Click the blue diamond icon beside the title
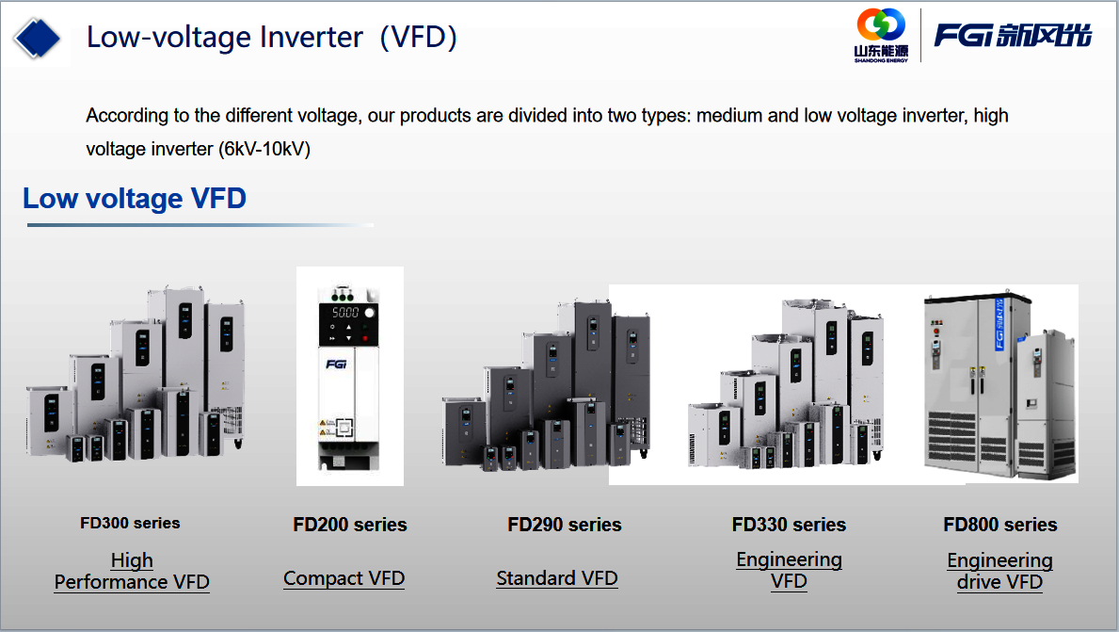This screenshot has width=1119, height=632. click(x=37, y=38)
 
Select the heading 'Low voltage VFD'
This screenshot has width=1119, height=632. click(x=135, y=199)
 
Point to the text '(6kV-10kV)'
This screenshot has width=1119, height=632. click(x=264, y=149)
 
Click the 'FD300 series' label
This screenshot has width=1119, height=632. click(x=130, y=523)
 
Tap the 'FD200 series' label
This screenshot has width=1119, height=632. click(x=350, y=525)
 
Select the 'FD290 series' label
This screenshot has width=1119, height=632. click(x=565, y=525)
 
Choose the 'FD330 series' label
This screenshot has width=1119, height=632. click(x=789, y=525)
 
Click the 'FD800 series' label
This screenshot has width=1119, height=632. click(x=999, y=525)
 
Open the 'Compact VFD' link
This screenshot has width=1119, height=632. click(x=344, y=578)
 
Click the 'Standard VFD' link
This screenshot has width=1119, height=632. click(x=557, y=578)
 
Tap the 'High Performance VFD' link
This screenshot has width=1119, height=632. click(x=132, y=572)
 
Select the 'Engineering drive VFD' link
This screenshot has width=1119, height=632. click(x=999, y=572)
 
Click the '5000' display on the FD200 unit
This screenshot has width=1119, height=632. click(x=344, y=313)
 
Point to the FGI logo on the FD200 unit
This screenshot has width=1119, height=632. click(x=336, y=365)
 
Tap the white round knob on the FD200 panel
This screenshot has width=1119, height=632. click(x=370, y=313)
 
